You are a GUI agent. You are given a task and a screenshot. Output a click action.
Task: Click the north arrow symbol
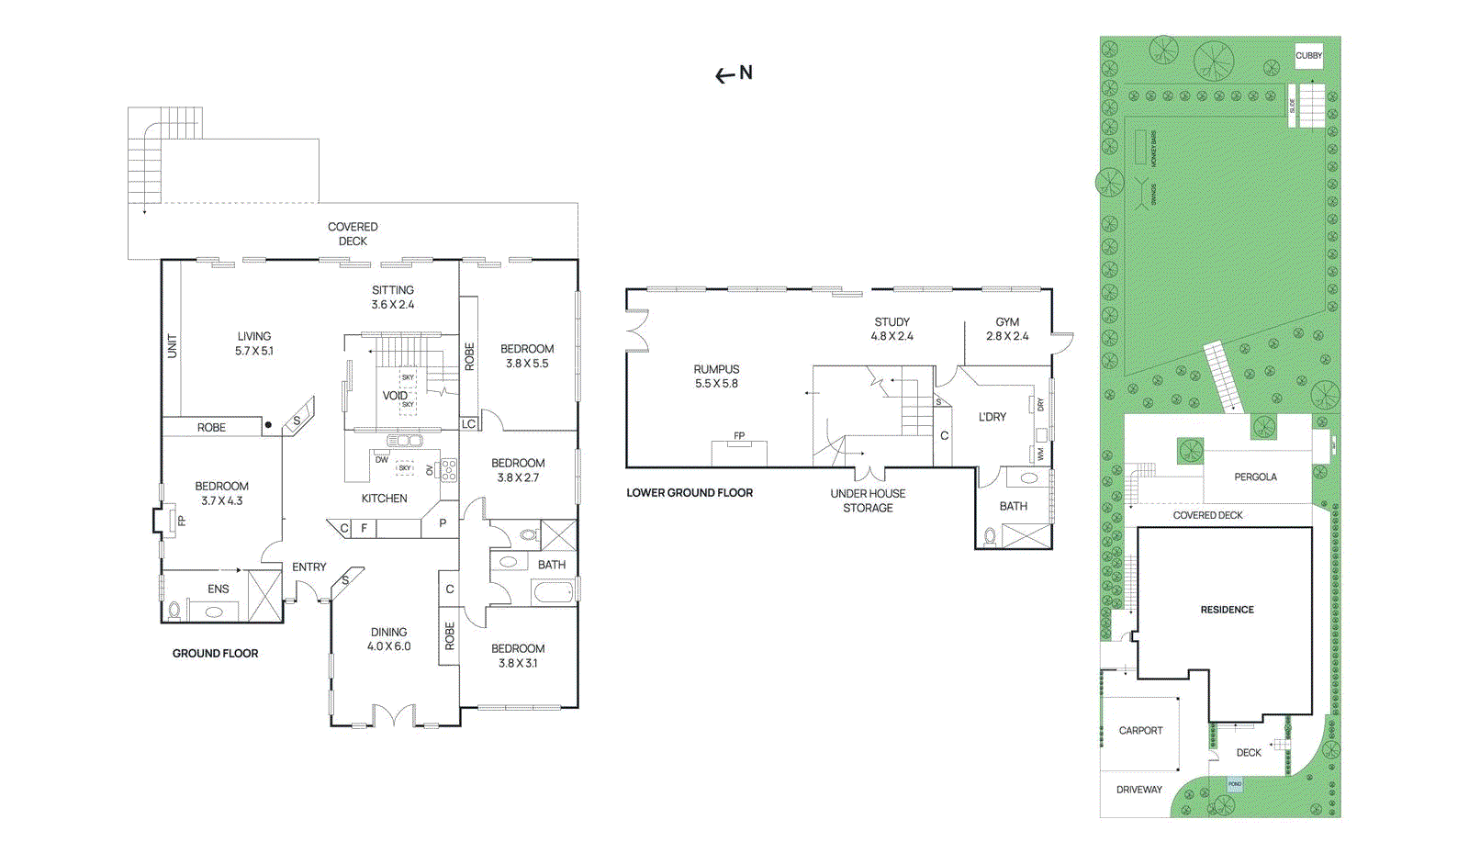tap(734, 73)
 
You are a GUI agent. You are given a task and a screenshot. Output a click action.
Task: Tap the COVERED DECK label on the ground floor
tap(353, 234)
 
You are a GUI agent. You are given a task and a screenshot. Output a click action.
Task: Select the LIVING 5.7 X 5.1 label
tap(253, 343)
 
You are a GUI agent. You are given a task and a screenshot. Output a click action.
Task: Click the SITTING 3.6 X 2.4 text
tap(393, 297)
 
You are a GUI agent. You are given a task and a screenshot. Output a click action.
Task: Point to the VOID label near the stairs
tap(394, 396)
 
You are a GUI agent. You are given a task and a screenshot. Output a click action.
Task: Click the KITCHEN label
tap(384, 499)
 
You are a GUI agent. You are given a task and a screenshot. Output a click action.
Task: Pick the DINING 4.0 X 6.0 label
tap(388, 639)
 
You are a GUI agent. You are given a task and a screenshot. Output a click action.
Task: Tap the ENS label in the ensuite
tap(218, 589)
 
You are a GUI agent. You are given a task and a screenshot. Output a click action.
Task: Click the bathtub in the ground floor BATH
tap(553, 592)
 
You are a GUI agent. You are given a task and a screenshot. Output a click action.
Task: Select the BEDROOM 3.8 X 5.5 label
tap(527, 356)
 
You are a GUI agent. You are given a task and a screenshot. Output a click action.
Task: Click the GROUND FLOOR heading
tap(215, 654)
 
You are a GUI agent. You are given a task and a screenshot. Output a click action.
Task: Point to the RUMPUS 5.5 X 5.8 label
tap(716, 376)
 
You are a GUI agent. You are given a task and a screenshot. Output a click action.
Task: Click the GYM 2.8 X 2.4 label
tap(1007, 329)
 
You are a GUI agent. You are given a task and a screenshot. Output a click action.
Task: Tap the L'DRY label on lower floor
tap(992, 417)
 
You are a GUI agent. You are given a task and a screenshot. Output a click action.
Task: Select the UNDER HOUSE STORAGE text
tap(868, 500)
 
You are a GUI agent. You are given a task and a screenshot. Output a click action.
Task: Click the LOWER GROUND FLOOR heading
tap(690, 493)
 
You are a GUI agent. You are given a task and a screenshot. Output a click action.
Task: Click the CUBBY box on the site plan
tap(1308, 56)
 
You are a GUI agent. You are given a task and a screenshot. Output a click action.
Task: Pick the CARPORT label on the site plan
tap(1140, 731)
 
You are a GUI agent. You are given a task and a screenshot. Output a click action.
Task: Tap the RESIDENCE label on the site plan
tap(1227, 610)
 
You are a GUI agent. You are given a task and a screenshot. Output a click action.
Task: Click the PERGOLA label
tap(1255, 477)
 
